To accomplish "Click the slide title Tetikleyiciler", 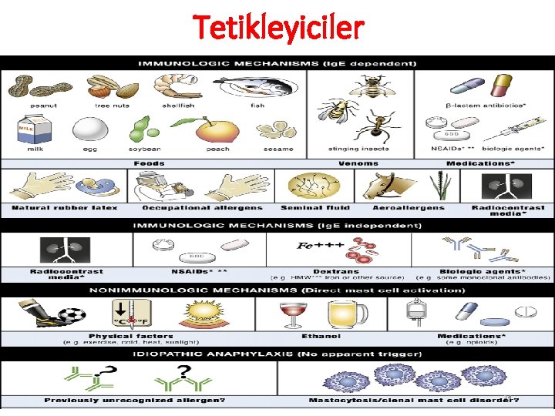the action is [x=277, y=29].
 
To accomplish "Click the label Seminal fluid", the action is [x=314, y=207].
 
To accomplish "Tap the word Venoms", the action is [x=358, y=163].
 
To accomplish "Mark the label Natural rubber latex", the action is [x=65, y=207].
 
